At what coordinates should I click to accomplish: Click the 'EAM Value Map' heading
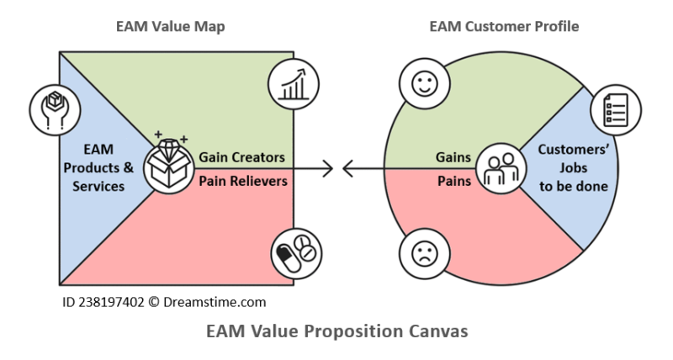(x=170, y=26)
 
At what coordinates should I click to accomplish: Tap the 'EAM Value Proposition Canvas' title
(x=336, y=331)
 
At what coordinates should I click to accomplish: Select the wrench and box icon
(x=52, y=107)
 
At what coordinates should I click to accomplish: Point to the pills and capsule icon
(x=294, y=253)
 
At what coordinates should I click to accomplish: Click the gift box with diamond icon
(x=167, y=165)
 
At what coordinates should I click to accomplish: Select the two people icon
(x=499, y=167)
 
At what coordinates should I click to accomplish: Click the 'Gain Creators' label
(x=241, y=157)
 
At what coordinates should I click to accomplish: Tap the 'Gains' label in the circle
(x=453, y=157)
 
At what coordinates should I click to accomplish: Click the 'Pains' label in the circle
(x=452, y=180)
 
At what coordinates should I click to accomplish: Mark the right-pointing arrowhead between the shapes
(x=328, y=169)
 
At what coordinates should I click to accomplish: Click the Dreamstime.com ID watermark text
(x=165, y=299)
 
